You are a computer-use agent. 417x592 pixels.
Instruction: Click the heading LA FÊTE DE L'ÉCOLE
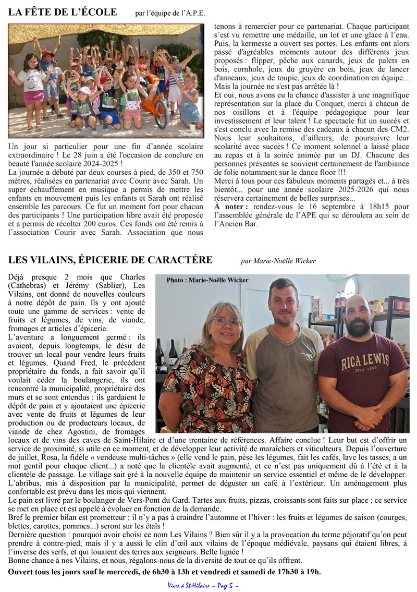63,12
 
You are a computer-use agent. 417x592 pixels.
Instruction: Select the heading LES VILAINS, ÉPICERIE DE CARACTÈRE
111,260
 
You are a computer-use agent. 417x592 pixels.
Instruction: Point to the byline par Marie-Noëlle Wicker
278,261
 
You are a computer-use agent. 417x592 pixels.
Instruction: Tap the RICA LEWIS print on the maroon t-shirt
365,360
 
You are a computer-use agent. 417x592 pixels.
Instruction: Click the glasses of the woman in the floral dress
226,321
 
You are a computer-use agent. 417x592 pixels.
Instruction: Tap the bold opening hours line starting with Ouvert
165,572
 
